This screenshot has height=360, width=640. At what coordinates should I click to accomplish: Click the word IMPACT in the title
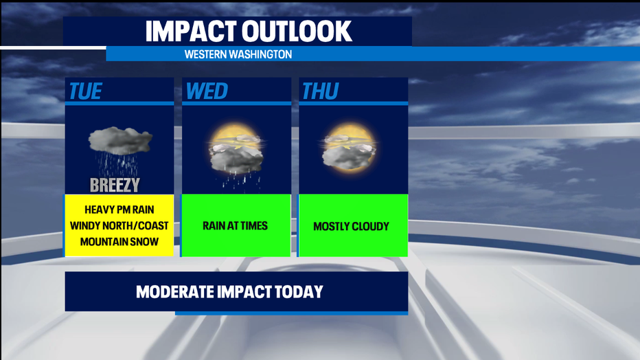[191, 31]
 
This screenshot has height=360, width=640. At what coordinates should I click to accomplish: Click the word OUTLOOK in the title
[297, 31]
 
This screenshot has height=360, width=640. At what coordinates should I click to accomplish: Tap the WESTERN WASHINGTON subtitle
[238, 54]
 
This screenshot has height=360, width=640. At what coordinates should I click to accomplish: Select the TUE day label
[85, 91]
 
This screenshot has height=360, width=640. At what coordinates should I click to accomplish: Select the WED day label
[207, 91]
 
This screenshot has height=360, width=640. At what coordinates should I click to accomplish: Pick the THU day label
[321, 91]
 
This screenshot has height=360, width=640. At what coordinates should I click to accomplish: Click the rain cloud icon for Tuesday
[119, 150]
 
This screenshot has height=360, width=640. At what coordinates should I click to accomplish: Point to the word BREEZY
[115, 185]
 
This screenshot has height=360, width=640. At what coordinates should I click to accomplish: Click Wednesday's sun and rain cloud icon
[236, 157]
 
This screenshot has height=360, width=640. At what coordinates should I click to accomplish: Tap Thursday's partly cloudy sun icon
[348, 147]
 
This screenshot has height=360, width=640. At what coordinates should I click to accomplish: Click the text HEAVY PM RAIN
[119, 210]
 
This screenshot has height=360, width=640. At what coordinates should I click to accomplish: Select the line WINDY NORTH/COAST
[119, 226]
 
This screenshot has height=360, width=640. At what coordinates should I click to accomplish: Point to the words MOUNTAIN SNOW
[119, 242]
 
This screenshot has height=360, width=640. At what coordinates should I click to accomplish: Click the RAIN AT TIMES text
[235, 226]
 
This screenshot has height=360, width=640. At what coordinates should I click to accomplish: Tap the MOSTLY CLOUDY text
[351, 226]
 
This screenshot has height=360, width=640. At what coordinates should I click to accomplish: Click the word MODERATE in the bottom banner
[174, 292]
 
